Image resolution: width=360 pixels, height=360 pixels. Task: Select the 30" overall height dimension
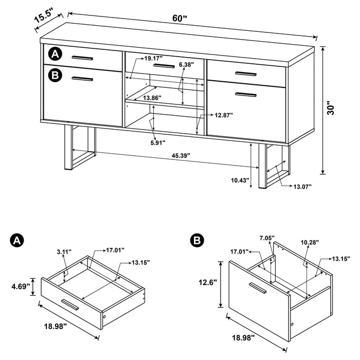tap(333, 110)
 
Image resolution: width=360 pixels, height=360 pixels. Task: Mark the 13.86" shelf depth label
tap(153, 97)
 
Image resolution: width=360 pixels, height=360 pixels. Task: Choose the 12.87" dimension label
tap(224, 115)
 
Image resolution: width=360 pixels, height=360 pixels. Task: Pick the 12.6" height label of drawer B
tap(208, 282)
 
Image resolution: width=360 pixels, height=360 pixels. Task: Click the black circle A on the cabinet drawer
tap(55, 53)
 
